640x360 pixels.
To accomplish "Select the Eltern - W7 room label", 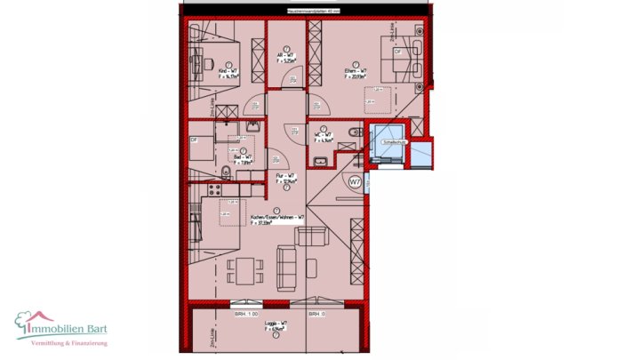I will [x=356, y=74].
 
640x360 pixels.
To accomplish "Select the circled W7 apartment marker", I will [x=355, y=182].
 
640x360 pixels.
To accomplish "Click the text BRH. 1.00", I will [x=246, y=315].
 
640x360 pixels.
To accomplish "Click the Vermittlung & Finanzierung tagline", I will [x=69, y=343].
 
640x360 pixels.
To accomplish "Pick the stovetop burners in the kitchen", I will [x=212, y=189].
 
